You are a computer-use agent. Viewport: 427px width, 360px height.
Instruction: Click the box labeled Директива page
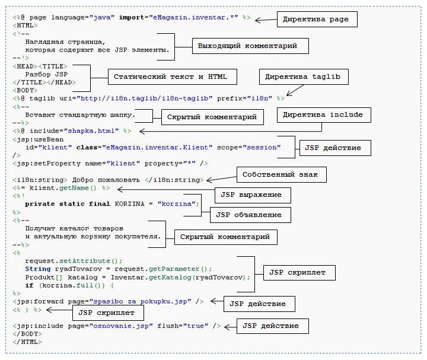(x=317, y=20)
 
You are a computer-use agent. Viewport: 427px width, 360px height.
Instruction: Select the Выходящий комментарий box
(x=250, y=46)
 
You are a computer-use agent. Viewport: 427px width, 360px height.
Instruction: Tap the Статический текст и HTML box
(x=173, y=77)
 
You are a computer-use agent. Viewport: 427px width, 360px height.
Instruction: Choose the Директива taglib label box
(x=304, y=77)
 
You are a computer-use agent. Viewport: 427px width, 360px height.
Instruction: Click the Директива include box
(x=324, y=115)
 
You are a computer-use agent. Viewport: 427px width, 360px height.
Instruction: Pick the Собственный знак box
(x=282, y=174)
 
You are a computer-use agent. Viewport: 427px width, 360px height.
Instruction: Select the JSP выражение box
(x=253, y=195)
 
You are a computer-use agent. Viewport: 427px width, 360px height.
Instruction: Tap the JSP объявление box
(x=250, y=215)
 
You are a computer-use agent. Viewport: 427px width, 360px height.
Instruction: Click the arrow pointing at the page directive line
(x=266, y=20)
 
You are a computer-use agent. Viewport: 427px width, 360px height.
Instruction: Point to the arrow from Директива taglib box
(x=295, y=90)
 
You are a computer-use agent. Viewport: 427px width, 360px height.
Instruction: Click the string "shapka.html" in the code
(x=91, y=131)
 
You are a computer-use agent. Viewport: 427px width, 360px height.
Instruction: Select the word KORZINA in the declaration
(x=130, y=204)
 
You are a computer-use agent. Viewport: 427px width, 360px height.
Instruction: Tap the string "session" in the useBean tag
(x=262, y=147)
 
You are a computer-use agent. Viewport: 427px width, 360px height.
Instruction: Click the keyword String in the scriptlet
(x=38, y=269)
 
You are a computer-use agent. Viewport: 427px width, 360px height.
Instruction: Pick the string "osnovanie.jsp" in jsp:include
(x=121, y=326)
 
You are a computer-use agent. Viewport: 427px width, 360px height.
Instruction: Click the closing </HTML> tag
(x=27, y=342)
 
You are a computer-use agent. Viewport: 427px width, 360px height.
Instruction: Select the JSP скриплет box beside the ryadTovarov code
(x=299, y=273)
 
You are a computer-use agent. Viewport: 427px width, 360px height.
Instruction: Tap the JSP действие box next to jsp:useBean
(x=335, y=148)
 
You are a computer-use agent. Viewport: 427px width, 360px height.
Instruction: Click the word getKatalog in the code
(x=170, y=277)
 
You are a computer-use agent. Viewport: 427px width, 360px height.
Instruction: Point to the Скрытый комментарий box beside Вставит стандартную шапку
(x=212, y=117)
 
